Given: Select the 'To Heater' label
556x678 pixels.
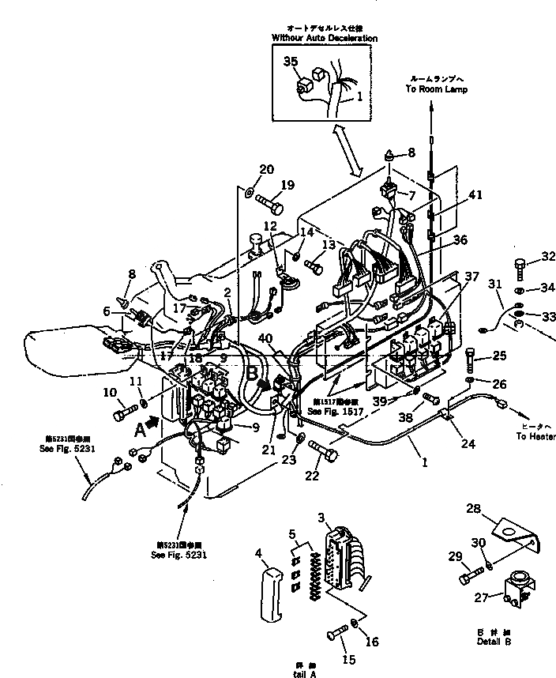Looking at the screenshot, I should coord(535,436).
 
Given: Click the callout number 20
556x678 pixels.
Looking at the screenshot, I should coord(266,169).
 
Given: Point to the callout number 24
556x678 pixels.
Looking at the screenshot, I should coord(468,444).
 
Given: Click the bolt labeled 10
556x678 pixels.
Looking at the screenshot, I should coord(122,411).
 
